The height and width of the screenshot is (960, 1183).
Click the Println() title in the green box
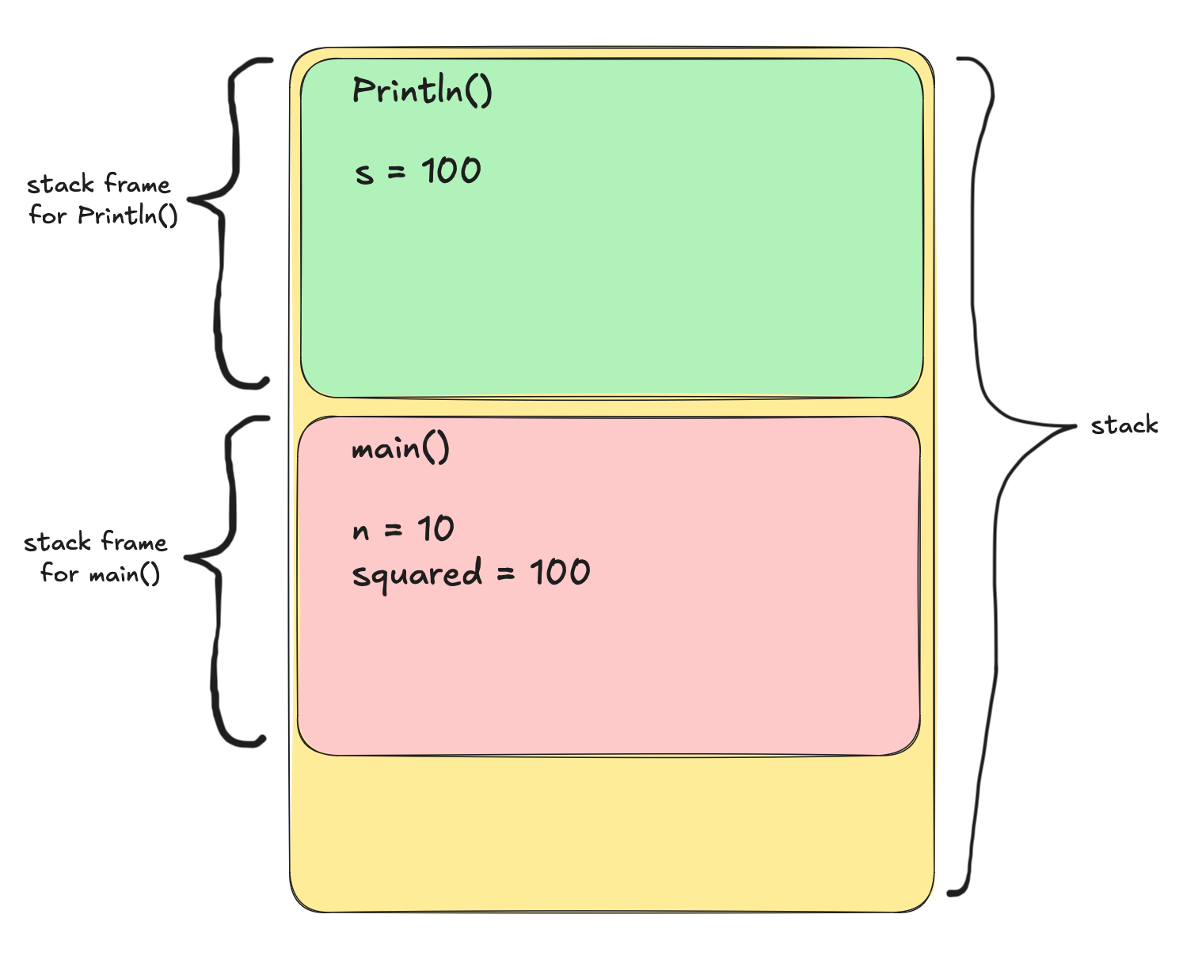coord(422,91)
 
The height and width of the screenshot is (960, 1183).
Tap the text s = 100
coord(417,172)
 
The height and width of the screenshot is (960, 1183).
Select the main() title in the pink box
coord(400,450)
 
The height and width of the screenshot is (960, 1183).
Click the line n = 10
coord(402,529)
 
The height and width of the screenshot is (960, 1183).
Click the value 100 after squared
coord(560,572)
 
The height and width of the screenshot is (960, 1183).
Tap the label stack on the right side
coord(1124,426)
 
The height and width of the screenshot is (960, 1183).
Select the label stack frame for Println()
coord(101,200)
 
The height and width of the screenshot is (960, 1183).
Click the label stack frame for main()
coord(97,558)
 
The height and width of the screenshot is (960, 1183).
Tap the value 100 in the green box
coord(451,171)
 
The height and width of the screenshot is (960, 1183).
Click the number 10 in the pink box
coord(436,528)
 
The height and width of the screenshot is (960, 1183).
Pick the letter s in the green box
coord(363,173)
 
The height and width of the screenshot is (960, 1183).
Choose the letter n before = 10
coord(361,531)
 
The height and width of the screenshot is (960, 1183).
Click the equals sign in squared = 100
coord(506,574)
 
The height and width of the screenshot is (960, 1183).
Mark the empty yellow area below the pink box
coord(610,832)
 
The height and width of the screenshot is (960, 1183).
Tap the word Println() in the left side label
coord(127,215)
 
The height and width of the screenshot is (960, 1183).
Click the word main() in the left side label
coord(124,573)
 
